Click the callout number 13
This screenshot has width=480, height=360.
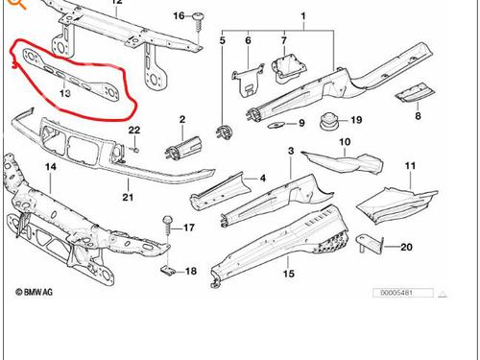point(65,93)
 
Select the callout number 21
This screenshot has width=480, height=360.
point(128,197)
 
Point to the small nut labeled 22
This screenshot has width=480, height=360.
point(136,150)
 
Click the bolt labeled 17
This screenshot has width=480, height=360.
point(168,228)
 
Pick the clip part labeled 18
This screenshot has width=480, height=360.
point(168,271)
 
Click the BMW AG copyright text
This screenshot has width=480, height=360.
point(35,292)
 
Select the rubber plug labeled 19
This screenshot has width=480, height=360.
point(328,121)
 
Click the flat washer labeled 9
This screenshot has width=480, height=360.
point(276,125)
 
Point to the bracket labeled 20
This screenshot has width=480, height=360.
point(371,244)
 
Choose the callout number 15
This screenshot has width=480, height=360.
point(288,274)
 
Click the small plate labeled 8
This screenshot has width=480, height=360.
point(416,93)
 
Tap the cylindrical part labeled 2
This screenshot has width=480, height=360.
point(183,148)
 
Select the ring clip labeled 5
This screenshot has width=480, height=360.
point(226,132)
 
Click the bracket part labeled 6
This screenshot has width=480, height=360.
point(248,81)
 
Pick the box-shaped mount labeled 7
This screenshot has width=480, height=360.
point(289,68)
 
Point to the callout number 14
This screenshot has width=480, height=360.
point(51,166)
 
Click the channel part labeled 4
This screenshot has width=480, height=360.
point(221,191)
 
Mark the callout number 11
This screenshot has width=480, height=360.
point(410,166)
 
